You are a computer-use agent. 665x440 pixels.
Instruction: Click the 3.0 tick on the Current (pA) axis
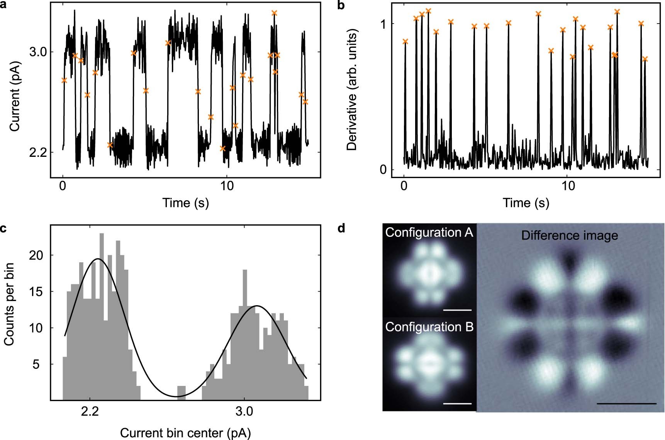pos(37,52)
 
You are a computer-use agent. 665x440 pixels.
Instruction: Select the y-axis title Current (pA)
pos(15,96)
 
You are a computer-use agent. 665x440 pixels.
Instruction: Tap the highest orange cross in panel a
pos(274,13)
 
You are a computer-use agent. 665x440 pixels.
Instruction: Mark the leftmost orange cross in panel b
pos(405,41)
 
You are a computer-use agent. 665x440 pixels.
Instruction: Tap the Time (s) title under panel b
pos(526,203)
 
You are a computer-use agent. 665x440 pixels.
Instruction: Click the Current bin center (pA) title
pos(185,433)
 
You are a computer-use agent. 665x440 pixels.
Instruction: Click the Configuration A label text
pos(429,233)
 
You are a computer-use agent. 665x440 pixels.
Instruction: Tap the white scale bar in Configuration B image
pos(458,403)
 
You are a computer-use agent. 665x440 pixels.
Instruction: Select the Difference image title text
pos(569,236)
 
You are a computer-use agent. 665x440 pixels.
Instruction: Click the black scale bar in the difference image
pos(626,404)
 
